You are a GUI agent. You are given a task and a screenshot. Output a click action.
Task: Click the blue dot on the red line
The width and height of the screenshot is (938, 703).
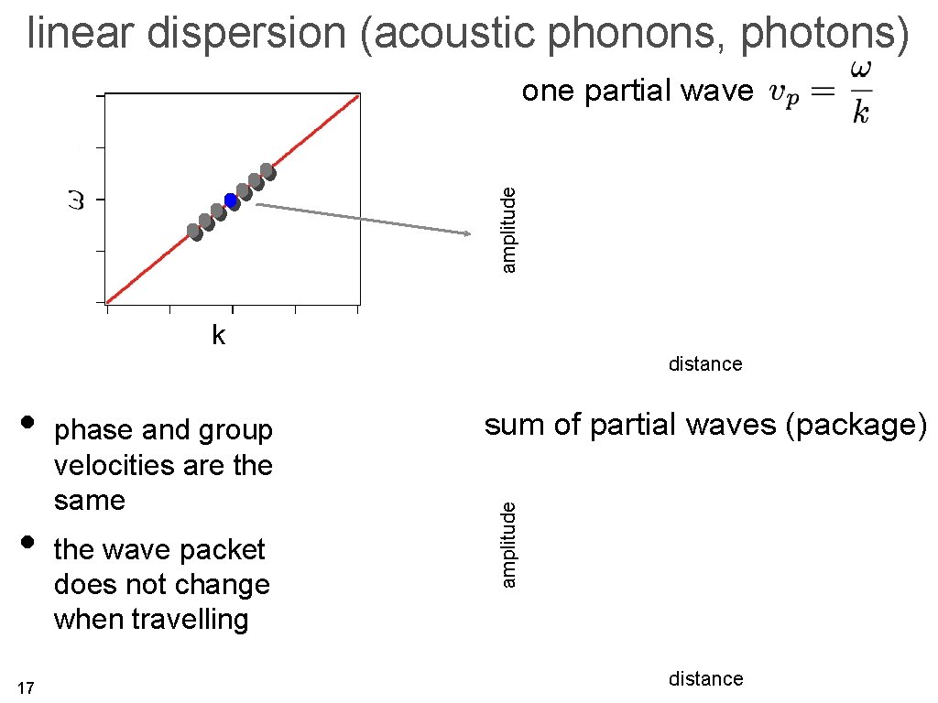click(231, 200)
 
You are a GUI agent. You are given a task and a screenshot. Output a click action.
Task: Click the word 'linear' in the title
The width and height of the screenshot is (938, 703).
click(82, 35)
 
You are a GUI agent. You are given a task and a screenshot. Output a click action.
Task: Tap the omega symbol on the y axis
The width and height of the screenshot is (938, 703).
click(77, 199)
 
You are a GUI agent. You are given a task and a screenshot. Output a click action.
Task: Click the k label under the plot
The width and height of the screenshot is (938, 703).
click(218, 335)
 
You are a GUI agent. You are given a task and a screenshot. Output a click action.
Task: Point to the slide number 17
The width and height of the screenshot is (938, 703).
click(26, 687)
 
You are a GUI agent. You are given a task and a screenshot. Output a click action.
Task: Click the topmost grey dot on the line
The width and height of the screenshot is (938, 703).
click(267, 171)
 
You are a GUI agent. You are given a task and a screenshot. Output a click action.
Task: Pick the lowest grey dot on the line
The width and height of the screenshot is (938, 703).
click(194, 232)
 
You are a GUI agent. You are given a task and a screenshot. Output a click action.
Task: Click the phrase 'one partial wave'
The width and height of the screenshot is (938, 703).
click(638, 92)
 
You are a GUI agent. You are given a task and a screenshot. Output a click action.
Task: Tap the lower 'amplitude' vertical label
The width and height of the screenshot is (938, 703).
click(511, 541)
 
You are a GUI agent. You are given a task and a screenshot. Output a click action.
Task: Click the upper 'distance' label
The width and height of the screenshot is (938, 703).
click(705, 364)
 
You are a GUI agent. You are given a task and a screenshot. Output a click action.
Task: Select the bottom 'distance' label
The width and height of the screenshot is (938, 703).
click(705, 679)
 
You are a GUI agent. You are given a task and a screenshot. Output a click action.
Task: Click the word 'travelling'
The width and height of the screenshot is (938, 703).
click(190, 620)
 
